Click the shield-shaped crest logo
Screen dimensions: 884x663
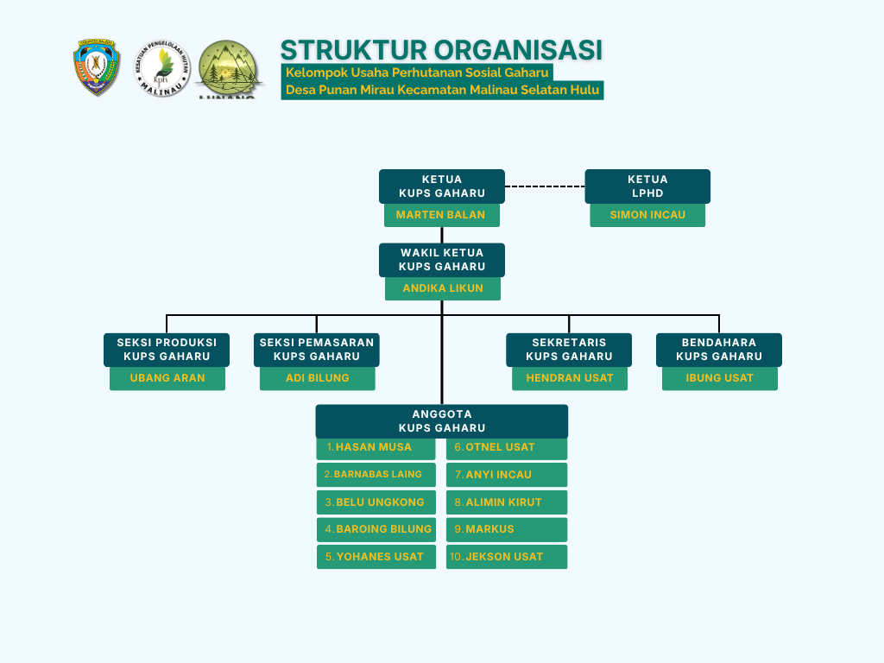(x=97, y=67)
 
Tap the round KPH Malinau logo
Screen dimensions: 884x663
(x=161, y=68)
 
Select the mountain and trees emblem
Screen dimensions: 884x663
(x=228, y=69)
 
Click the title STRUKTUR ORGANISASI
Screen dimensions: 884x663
(x=441, y=49)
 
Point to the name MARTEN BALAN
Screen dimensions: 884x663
(x=441, y=215)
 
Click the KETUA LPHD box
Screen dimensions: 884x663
(x=647, y=186)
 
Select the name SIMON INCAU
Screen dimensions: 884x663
(x=647, y=215)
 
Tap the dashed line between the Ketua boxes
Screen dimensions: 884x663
(x=545, y=186)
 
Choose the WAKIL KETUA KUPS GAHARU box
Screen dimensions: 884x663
(x=442, y=260)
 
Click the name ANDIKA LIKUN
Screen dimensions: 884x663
(x=443, y=288)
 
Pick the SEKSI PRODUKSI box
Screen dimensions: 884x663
(x=167, y=350)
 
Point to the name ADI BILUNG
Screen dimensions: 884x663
(x=318, y=378)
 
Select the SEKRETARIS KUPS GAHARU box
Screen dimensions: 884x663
(x=569, y=350)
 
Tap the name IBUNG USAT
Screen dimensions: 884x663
(x=719, y=378)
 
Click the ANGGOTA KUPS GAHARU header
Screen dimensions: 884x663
(x=442, y=421)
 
